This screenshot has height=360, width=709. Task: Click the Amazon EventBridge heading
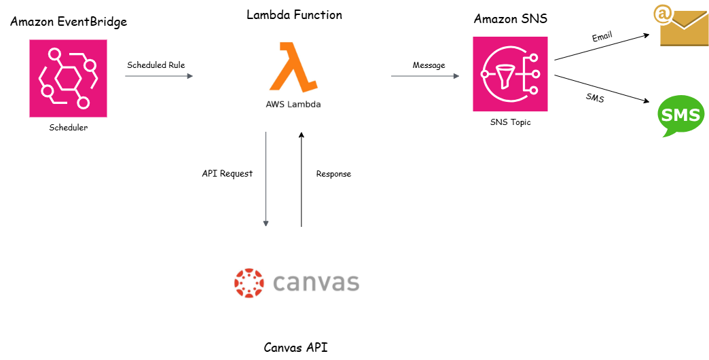point(69,22)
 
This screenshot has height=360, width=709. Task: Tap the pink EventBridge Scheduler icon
point(68,78)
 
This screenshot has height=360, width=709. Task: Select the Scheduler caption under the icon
point(68,127)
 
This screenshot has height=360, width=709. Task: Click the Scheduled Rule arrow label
point(156,65)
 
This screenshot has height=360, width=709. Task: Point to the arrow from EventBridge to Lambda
point(159,76)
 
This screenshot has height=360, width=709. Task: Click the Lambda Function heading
point(294,14)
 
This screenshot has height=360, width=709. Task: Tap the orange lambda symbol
point(293,66)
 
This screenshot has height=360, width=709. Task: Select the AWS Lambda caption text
point(293,105)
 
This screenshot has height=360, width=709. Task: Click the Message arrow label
point(429,65)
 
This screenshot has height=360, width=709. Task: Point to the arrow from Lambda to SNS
point(425,76)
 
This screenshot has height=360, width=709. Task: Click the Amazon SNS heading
point(511,19)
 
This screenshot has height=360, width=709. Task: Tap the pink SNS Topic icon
point(510,74)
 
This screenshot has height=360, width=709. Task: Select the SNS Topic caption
point(510,122)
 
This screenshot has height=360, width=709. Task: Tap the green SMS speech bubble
point(681,115)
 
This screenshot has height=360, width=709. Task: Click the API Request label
point(228,173)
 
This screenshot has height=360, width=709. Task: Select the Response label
point(333,174)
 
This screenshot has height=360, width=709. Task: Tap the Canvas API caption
point(295,348)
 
